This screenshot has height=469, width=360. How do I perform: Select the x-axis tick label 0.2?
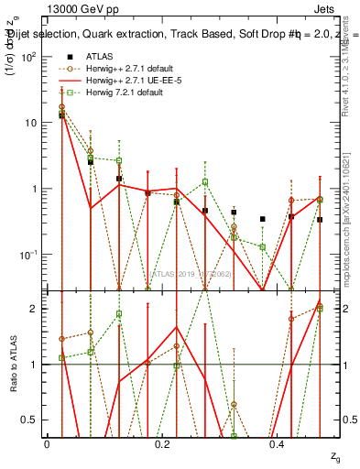[x=162, y=443]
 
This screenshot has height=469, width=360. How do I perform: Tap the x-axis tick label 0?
[x=47, y=443]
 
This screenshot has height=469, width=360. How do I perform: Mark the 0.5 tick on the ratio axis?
[x=33, y=420]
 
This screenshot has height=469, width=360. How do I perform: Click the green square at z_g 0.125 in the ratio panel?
[x=119, y=314]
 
